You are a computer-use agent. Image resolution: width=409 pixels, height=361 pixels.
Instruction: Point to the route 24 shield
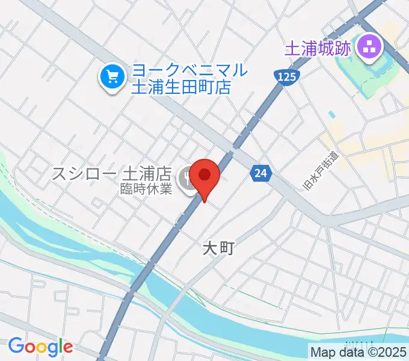(260, 173)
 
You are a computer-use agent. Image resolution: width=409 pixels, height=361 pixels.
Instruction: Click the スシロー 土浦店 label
(113, 174)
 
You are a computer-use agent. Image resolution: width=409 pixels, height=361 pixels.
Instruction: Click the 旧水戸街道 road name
(317, 173)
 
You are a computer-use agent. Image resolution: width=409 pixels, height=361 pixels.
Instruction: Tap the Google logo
(40, 347)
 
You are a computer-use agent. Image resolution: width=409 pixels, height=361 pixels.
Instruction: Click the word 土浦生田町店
(181, 87)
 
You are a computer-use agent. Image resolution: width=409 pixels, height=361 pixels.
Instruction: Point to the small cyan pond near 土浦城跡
(331, 114)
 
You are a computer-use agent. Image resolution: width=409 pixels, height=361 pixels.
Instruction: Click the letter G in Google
(15, 347)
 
